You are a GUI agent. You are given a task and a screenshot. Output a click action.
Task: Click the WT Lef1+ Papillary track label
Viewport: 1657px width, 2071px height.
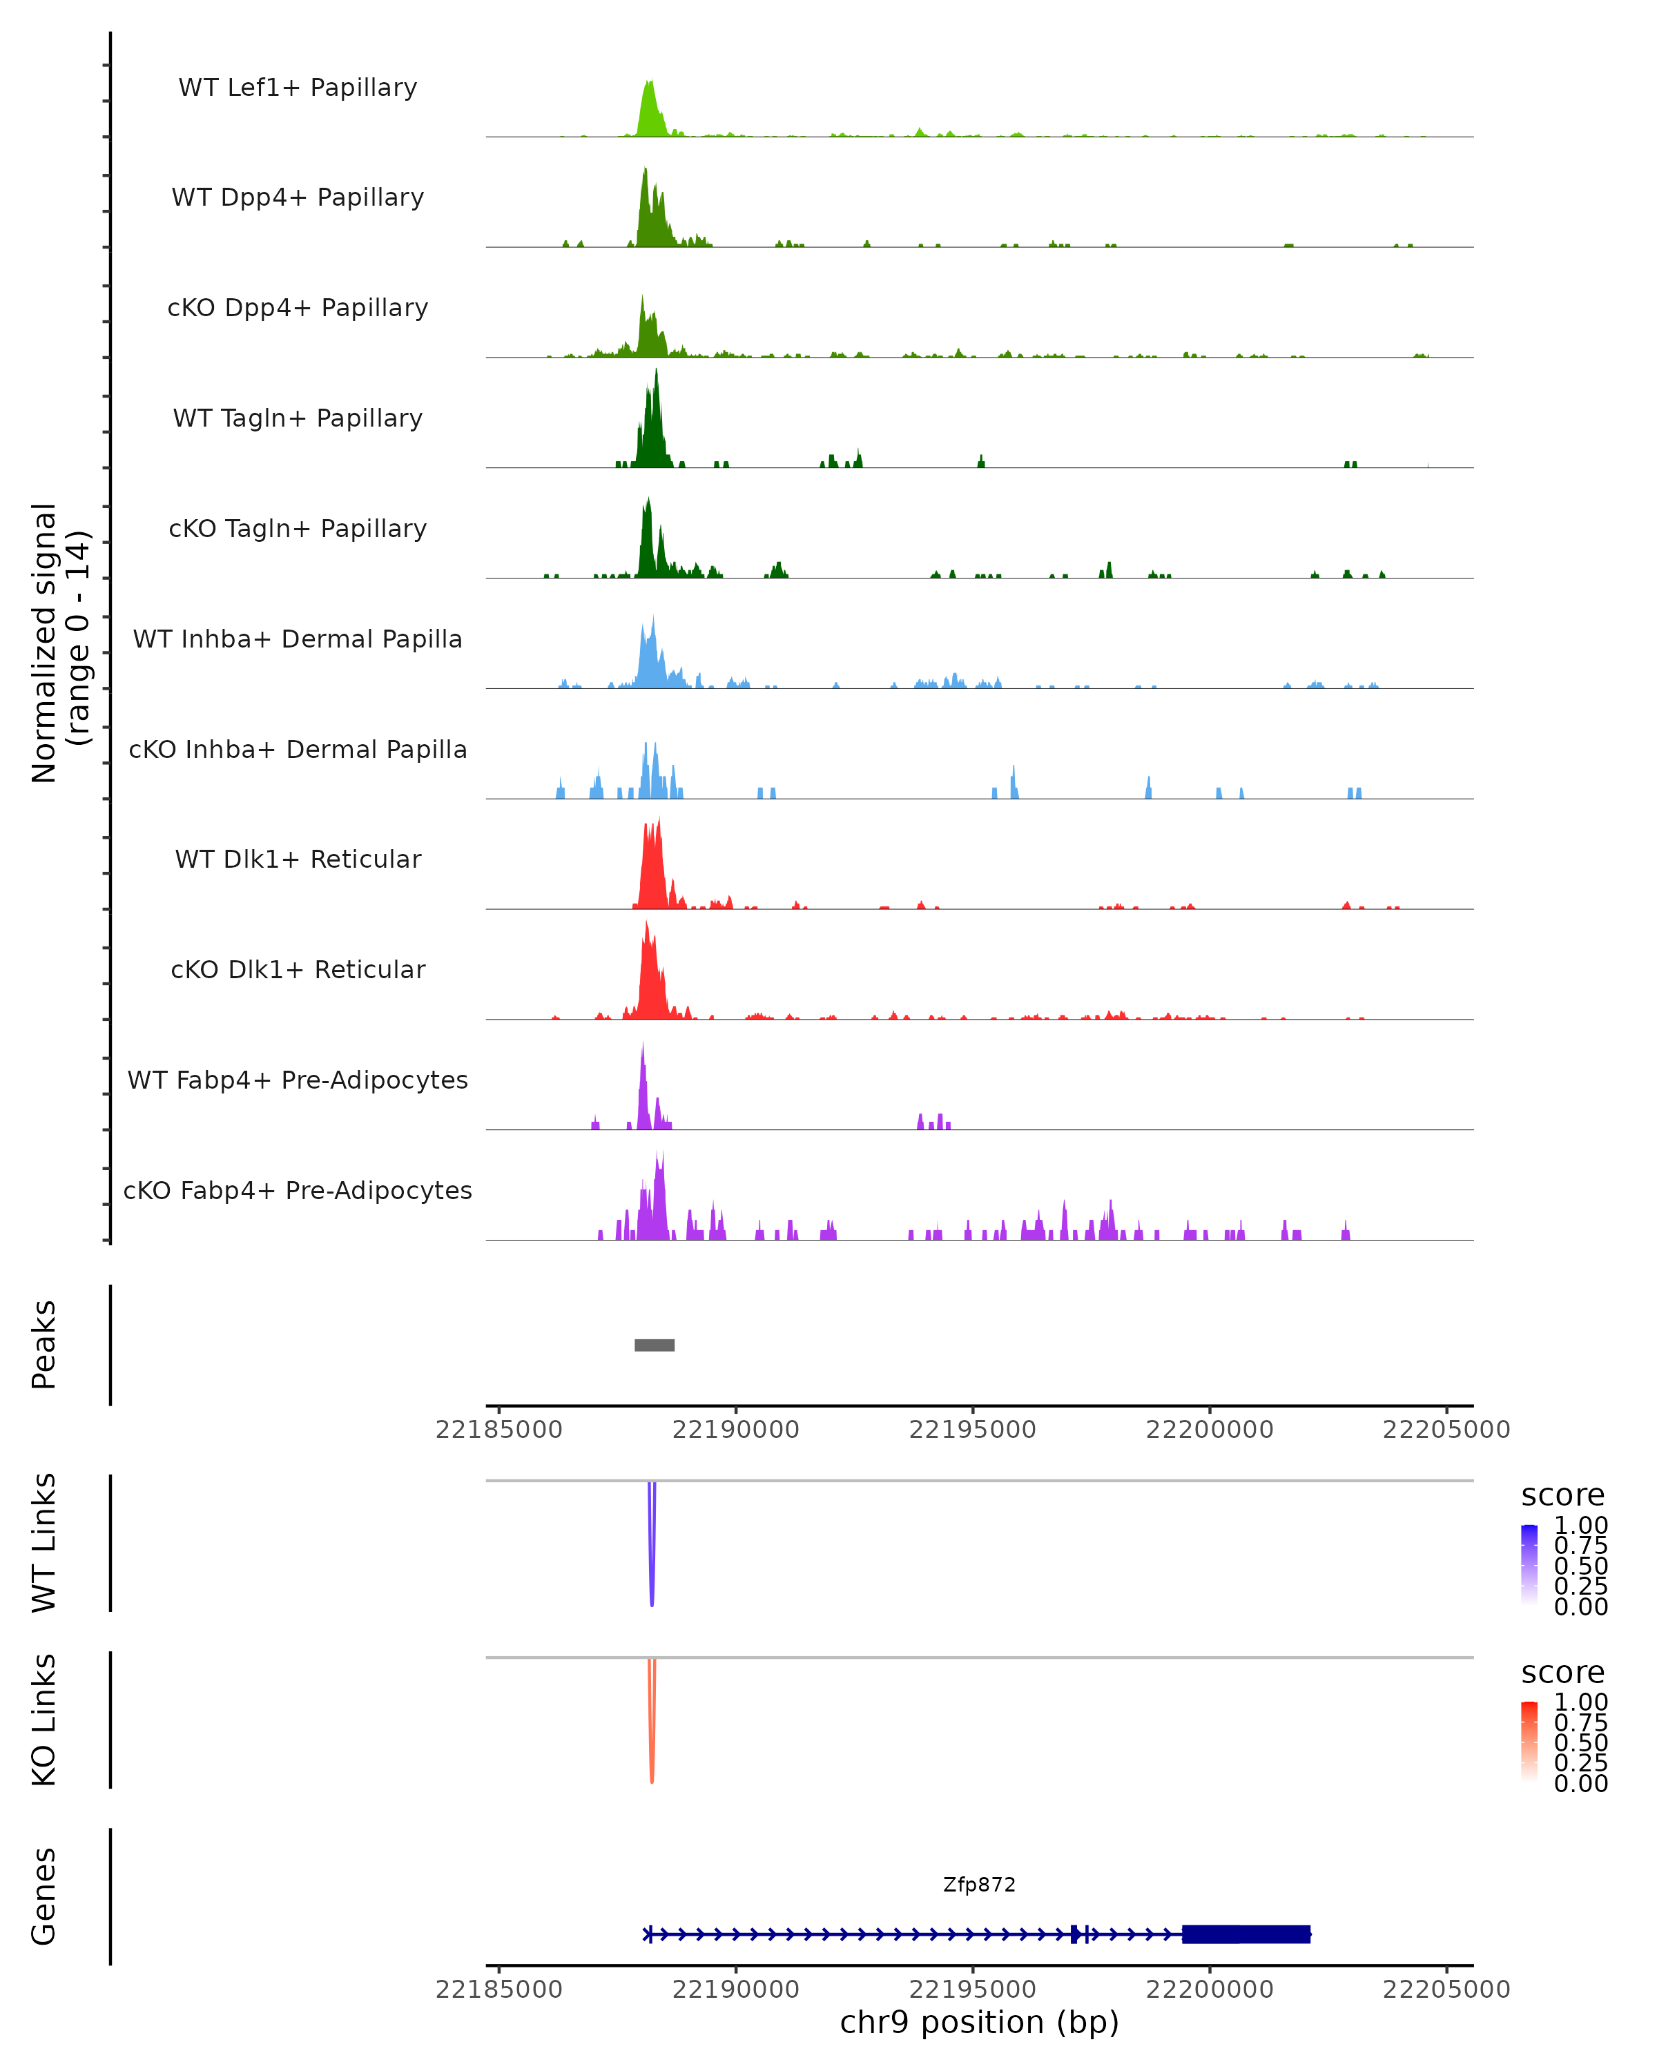298,88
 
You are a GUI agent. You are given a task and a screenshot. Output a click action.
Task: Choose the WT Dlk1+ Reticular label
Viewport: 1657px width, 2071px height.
298,859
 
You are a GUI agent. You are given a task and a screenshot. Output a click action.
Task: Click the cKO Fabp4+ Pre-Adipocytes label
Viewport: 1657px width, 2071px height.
298,1190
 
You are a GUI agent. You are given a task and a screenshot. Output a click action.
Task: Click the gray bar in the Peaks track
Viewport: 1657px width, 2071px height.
654,1345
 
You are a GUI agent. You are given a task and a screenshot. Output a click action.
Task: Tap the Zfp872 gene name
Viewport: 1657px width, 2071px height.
979,1885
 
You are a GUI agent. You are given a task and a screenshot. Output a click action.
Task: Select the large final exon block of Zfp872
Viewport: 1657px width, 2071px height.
1246,1934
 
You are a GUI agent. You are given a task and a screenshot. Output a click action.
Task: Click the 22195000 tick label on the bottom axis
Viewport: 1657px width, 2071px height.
972,1990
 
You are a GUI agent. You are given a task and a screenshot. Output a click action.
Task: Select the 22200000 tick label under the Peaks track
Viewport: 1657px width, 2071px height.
1210,1430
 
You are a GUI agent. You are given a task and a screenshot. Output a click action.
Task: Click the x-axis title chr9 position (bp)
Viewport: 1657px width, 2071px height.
979,2023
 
